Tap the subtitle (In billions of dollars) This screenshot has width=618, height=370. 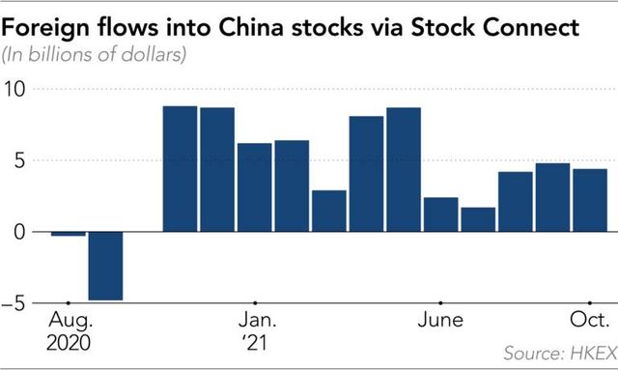97,54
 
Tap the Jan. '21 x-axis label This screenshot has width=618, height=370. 255,330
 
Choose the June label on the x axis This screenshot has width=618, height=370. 440,320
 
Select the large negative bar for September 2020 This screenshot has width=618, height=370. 104,266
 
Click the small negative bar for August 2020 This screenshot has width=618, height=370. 68,234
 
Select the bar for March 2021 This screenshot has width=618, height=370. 329,212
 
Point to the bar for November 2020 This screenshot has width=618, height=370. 180,169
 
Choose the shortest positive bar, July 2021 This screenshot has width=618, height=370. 478,219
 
